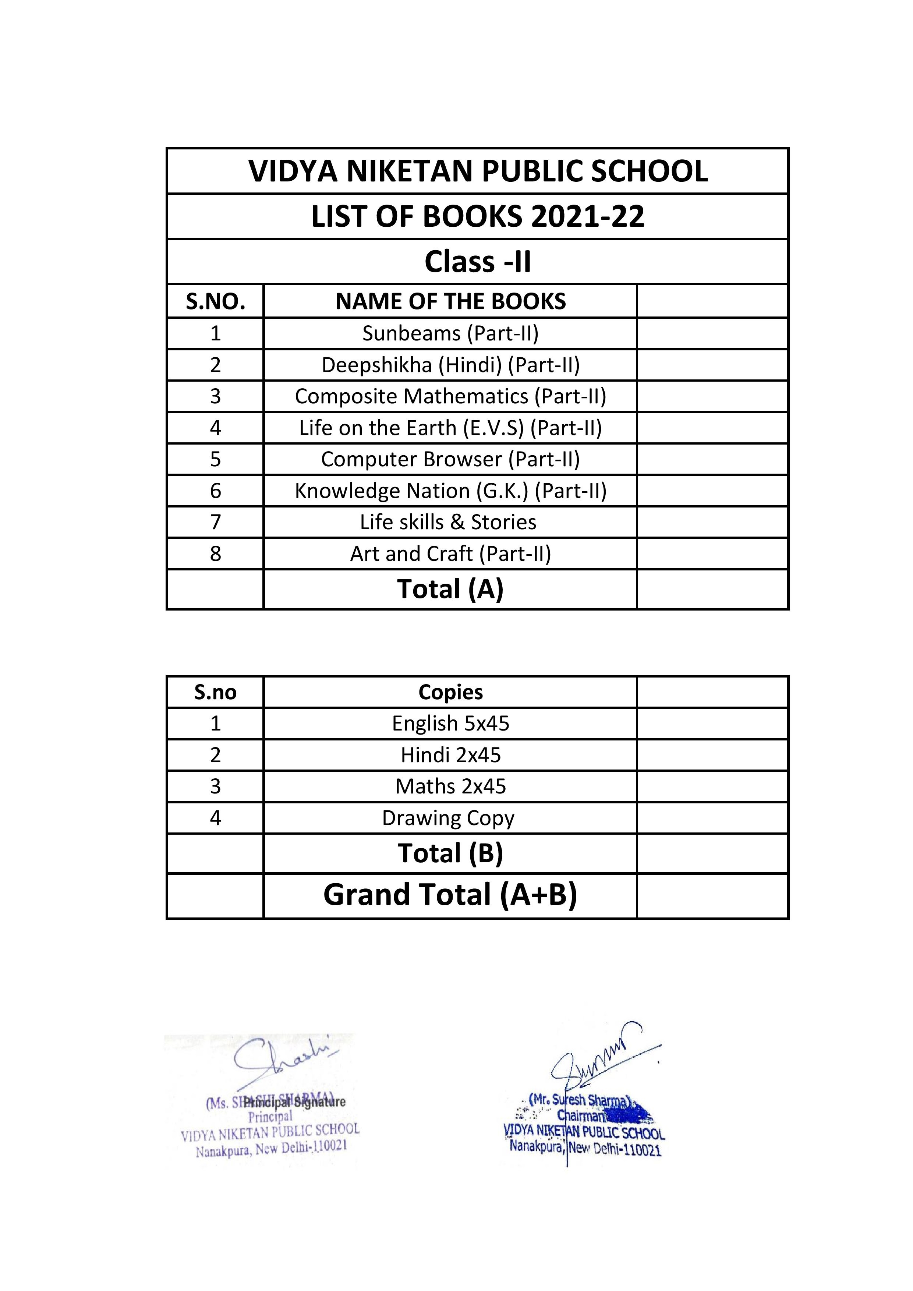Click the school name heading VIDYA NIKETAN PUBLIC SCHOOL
478,171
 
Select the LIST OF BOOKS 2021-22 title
478,216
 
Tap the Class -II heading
478,262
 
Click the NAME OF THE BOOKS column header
450,301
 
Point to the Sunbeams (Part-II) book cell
450,333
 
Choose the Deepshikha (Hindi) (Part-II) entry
450,365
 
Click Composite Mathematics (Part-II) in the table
450,396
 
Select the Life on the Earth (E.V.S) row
450,428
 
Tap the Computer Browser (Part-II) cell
450,459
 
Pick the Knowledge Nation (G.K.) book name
450,491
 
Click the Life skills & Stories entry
448,522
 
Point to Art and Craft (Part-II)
450,554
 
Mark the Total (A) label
450,589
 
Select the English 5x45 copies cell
450,724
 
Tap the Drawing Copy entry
448,818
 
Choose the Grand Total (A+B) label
450,895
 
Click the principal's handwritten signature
281,1063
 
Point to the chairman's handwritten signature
596,1057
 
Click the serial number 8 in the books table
215,554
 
